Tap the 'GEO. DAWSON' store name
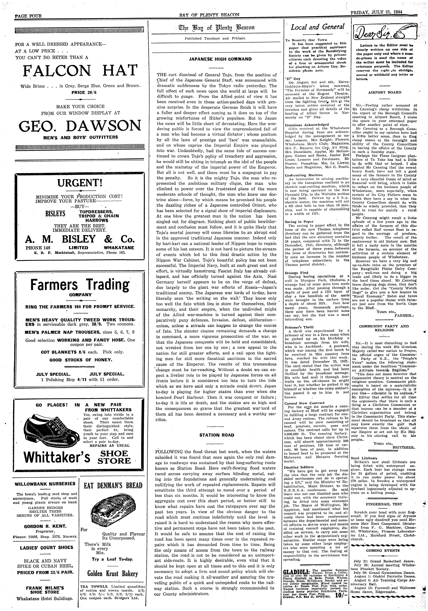pos(80,126)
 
